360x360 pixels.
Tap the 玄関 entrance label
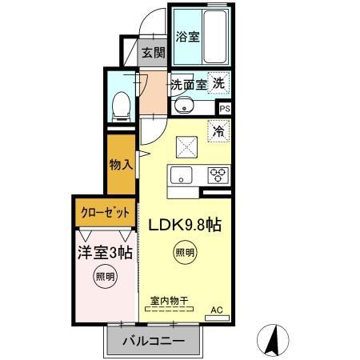(153, 54)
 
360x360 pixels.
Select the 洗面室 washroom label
(187, 84)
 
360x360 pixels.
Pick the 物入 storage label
(120, 166)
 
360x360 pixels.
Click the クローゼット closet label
(104, 214)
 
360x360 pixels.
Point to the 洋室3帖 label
(104, 252)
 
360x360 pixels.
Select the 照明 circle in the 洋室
(105, 278)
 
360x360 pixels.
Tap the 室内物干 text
(169, 302)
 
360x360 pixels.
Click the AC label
(216, 310)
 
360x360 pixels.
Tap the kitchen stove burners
(218, 175)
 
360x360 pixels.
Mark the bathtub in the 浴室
(215, 36)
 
